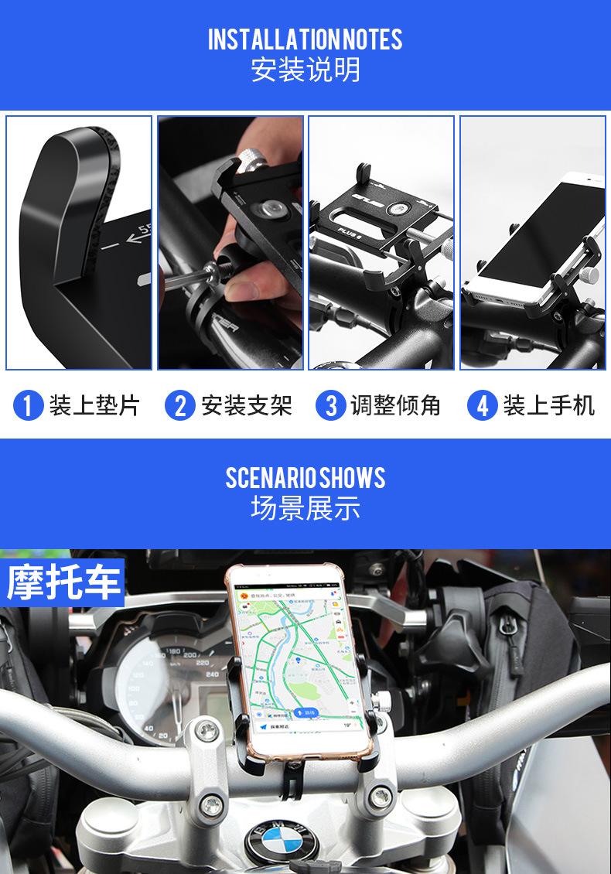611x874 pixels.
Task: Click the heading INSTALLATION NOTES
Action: (x=305, y=39)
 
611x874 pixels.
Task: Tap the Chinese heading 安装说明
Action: (x=305, y=70)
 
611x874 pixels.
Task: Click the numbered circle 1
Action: (x=28, y=405)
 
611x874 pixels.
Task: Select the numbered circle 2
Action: (x=179, y=405)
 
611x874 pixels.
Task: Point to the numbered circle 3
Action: (x=331, y=405)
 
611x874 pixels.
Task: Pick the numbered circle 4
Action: (x=483, y=405)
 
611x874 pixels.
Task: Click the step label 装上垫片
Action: (x=94, y=405)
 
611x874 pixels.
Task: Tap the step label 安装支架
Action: (x=247, y=405)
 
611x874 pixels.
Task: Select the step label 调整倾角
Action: (x=395, y=405)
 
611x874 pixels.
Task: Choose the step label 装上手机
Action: (x=549, y=405)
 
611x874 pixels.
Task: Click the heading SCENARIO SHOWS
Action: (x=305, y=478)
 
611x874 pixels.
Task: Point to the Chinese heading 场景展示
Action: (x=305, y=508)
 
